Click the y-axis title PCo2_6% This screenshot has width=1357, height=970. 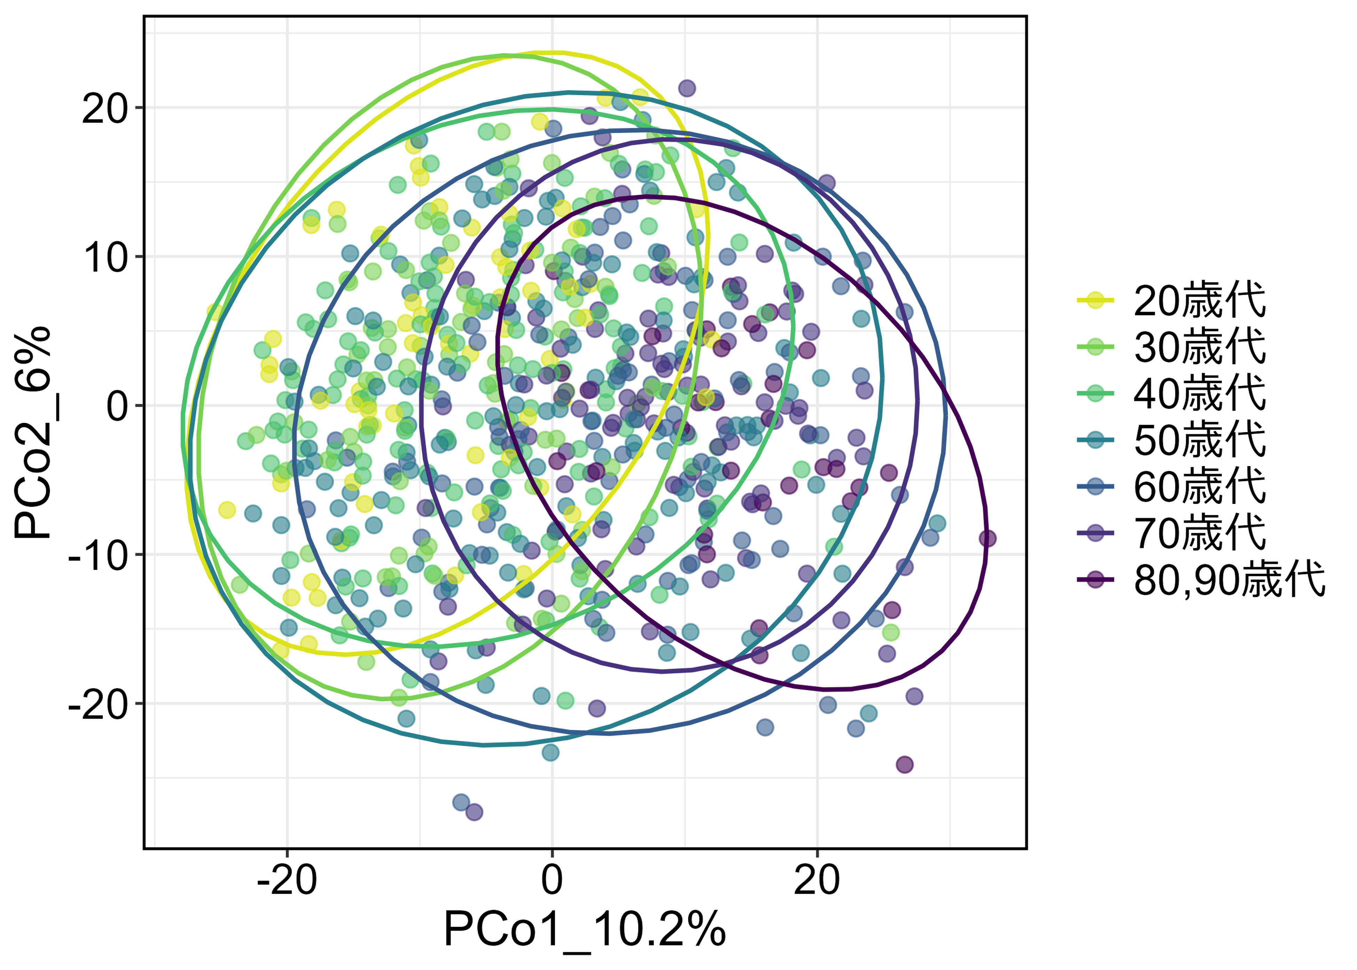tap(33, 432)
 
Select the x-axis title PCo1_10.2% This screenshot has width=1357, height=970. tap(585, 929)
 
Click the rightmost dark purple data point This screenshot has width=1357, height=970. tap(987, 539)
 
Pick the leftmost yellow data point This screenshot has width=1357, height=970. tap(215, 312)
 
